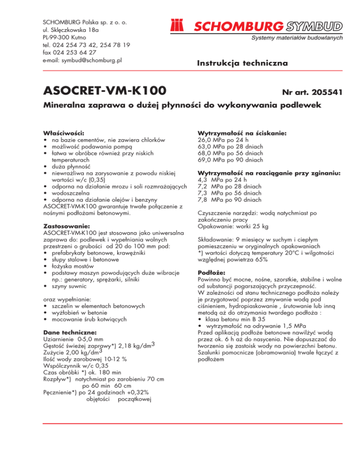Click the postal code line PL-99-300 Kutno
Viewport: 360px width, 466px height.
(x=67, y=38)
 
